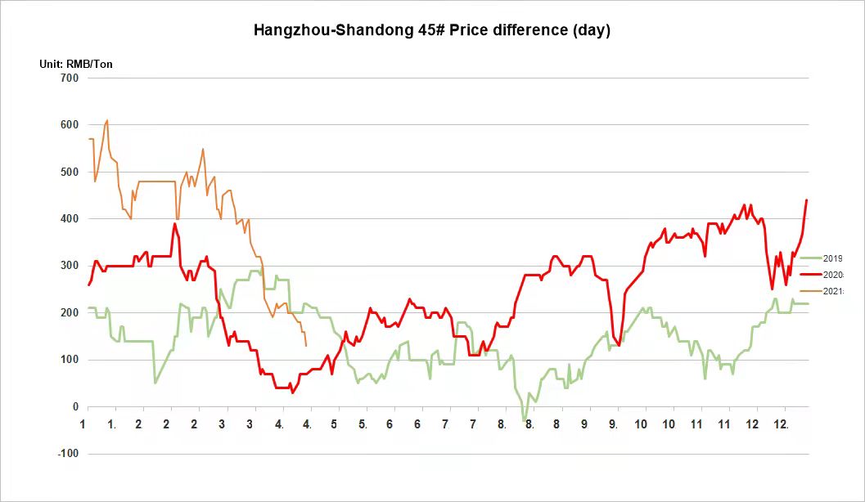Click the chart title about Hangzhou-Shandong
tap(432, 30)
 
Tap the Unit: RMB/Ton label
tap(76, 64)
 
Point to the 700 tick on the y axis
tap(70, 78)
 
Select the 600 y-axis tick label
tap(70, 125)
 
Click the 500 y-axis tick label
tap(70, 172)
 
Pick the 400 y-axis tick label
tap(70, 219)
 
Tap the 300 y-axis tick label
tap(70, 266)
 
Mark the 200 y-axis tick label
tap(70, 313)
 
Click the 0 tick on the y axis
tap(76, 407)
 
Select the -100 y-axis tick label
tap(68, 454)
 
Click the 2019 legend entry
tap(832, 258)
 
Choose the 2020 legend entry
tap(832, 275)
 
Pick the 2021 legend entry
tap(832, 291)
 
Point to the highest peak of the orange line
tap(107, 120)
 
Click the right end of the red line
tap(807, 199)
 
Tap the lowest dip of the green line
tap(524, 421)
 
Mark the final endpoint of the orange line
tap(306, 346)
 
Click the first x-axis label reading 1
tap(83, 424)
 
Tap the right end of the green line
tap(808, 303)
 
